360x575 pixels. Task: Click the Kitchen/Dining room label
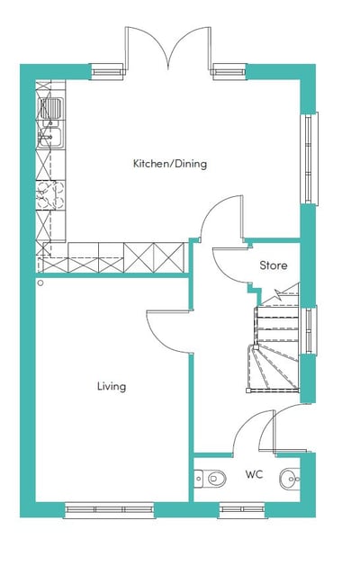[x=170, y=164]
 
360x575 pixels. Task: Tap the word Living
[x=112, y=387]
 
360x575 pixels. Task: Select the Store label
[x=274, y=265]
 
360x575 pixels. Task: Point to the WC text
[x=255, y=474]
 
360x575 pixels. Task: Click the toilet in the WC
[x=210, y=478]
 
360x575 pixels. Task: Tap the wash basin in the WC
[x=291, y=479]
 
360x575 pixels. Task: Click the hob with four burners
[x=50, y=195]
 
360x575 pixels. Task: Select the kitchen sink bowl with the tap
[x=50, y=138]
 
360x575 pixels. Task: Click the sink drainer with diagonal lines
[x=50, y=109]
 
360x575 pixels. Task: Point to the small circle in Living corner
[x=40, y=283]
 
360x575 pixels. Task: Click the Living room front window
[x=109, y=509]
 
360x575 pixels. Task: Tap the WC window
[x=242, y=509]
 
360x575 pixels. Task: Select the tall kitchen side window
[x=309, y=158]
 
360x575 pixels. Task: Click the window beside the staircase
[x=309, y=330]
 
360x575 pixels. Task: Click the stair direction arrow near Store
[x=278, y=293]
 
